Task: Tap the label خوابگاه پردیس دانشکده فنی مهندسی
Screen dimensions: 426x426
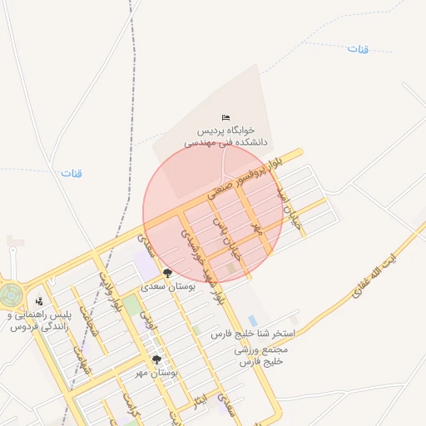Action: [222, 136]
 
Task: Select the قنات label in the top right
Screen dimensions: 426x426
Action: [357, 48]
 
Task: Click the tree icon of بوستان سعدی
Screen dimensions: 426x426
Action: [168, 273]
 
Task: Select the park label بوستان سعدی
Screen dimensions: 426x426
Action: [168, 285]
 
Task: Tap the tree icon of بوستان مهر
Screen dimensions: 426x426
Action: [156, 359]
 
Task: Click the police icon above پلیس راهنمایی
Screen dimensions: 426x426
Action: [39, 301]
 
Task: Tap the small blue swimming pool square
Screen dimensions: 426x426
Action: [252, 321]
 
